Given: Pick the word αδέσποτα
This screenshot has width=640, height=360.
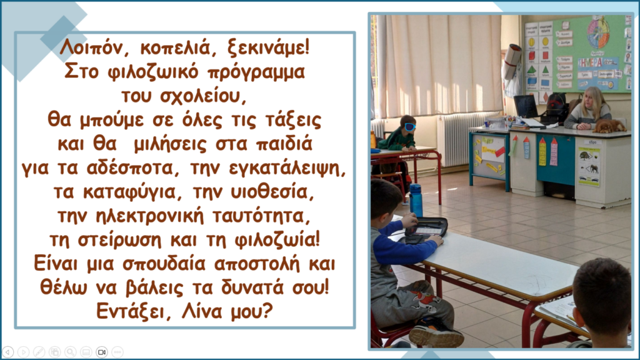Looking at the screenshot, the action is point(130,167).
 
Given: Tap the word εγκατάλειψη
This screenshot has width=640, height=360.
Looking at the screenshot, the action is point(287,168).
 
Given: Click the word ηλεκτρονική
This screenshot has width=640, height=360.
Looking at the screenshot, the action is point(149,216).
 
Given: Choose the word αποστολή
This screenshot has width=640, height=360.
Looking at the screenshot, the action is point(259,264).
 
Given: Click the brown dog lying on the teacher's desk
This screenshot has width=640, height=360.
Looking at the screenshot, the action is point(609,126).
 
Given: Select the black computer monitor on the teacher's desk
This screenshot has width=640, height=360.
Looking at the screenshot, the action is point(526,106).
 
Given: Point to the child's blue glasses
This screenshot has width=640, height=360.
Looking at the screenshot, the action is point(410,127).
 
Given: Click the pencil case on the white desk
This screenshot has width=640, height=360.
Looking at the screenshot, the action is point(426,231).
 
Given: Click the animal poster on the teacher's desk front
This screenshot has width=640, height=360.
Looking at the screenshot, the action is point(589,166).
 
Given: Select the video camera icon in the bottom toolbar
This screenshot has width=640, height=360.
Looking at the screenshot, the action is point(102,352).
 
